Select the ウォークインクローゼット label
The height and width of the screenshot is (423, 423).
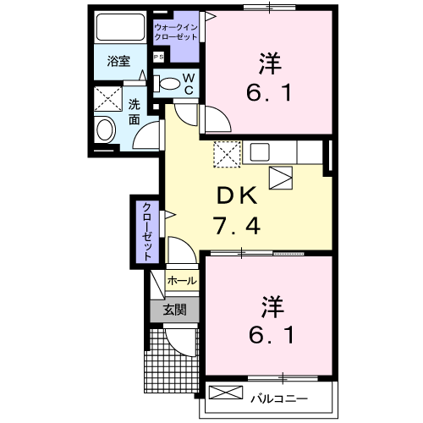click(176, 33)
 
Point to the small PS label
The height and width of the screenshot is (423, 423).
click(158, 58)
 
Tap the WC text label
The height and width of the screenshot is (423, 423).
click(190, 84)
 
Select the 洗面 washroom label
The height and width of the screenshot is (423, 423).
click(135, 113)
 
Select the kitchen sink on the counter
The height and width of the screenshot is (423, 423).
click(259, 152)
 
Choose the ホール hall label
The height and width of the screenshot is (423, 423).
click(182, 280)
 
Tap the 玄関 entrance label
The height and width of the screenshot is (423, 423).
click(174, 310)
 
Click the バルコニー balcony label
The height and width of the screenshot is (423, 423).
click(278, 396)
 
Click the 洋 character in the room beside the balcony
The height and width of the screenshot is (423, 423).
click(270, 302)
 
